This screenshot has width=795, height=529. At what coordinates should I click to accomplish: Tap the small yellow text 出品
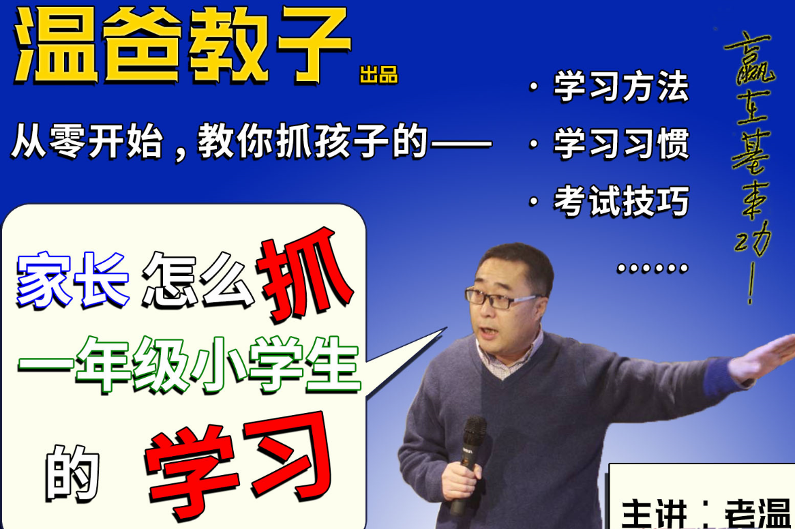tap(379, 74)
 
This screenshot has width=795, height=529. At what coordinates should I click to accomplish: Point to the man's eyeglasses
tap(501, 298)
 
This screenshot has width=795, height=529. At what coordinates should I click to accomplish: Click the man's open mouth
tap(490, 331)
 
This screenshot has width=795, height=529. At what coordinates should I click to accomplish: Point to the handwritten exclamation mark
tap(752, 286)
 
